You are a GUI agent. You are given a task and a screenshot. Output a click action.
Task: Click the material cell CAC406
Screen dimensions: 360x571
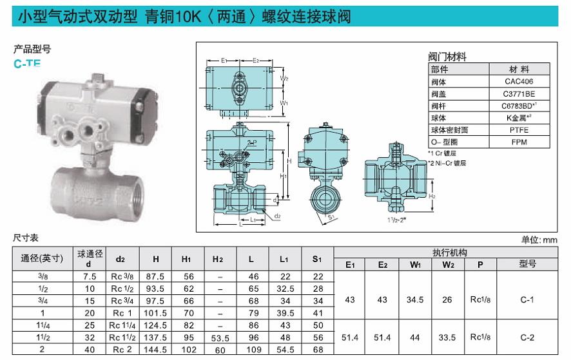coord(519,82)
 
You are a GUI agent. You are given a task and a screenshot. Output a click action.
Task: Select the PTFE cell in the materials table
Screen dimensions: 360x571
coord(518,129)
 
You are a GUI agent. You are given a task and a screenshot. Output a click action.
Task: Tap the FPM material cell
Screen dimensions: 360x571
coord(518,141)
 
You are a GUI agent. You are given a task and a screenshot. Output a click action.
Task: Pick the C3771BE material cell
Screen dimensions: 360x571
coord(519,94)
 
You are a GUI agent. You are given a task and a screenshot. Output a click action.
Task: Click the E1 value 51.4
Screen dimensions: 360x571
coord(350,337)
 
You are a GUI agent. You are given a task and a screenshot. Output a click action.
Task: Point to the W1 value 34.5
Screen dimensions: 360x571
coord(415,299)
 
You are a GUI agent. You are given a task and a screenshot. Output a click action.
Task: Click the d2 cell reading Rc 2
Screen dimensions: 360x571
coord(121,349)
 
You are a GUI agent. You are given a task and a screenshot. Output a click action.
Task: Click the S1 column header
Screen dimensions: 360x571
coord(317,259)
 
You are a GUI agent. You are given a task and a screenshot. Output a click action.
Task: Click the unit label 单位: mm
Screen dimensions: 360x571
coord(538,239)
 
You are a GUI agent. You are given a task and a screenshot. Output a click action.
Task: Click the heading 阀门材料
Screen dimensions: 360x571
coord(447,57)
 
